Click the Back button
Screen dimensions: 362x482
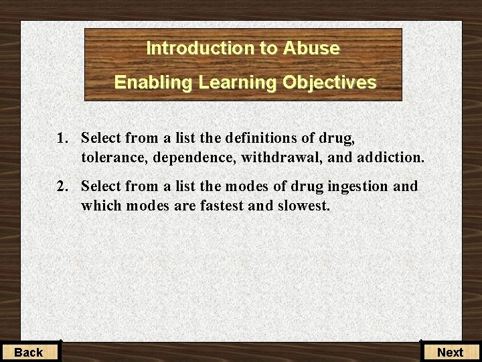(x=29, y=352)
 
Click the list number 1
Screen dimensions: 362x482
(x=62, y=139)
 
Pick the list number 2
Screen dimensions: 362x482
(x=62, y=186)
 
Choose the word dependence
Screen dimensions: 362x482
(x=193, y=158)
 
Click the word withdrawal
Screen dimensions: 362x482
(x=280, y=158)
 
